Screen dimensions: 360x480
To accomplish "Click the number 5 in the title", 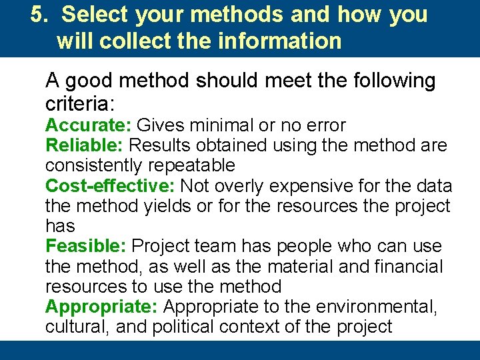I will click(36, 15).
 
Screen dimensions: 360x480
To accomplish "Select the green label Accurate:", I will click(89, 125).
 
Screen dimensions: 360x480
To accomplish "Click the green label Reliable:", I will click(85, 145).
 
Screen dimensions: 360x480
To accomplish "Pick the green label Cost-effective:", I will click(111, 185).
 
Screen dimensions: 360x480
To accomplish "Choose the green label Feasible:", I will click(85, 246).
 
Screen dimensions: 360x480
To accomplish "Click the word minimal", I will click(219, 125).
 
